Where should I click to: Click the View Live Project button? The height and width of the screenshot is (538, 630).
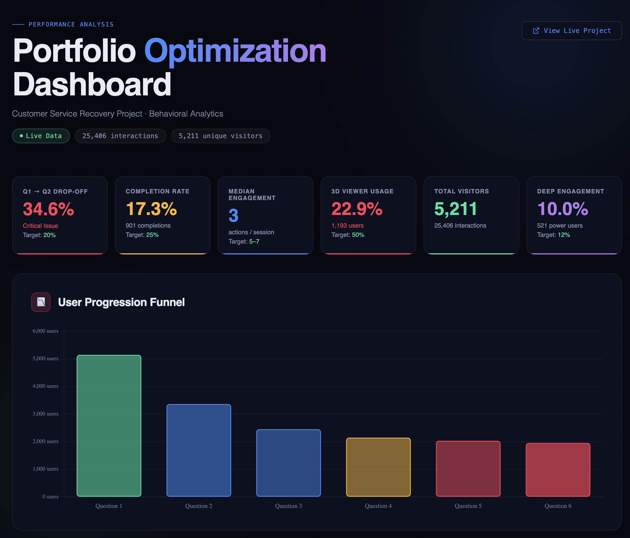pos(571,31)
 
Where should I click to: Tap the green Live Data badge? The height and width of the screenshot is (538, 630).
pos(41,136)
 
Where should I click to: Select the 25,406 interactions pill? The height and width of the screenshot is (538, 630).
pos(120,136)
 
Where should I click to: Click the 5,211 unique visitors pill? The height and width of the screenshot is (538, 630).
pos(220,136)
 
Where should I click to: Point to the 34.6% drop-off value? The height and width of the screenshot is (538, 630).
pos(48,209)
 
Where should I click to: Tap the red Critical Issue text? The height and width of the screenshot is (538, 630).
pos(40,226)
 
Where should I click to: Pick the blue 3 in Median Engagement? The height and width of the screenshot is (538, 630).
pos(233,215)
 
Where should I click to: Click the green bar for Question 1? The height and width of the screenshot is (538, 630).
pos(109,426)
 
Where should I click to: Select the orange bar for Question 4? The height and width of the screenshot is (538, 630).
pos(378,467)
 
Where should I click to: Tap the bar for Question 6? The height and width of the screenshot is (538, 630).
pos(558,470)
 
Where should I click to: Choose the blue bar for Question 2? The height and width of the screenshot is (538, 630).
pos(199,450)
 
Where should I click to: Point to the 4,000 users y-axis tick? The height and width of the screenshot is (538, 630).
pos(45,386)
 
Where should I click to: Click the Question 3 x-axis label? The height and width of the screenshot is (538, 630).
pos(288,506)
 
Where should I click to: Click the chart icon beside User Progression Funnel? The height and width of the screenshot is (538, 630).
pos(41,302)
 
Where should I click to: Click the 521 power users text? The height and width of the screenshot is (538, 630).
pos(560,226)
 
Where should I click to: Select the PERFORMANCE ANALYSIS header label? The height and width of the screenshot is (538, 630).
pos(71,24)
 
